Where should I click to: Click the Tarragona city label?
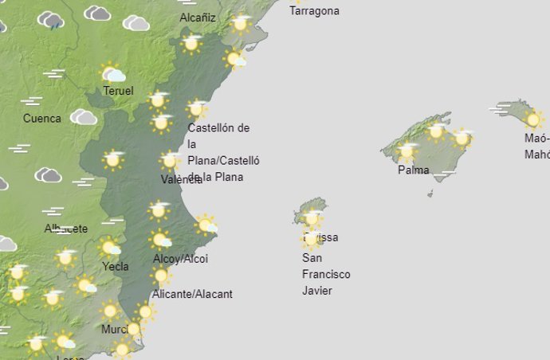pos(315,11)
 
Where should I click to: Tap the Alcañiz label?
pos(198,18)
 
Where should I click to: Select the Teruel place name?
pos(118,91)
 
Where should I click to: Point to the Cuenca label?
pos(41,119)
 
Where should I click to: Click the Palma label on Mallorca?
pos(414,170)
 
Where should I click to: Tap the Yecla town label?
pos(116,267)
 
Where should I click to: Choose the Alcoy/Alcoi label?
pos(181,259)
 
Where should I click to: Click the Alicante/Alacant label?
pos(192,294)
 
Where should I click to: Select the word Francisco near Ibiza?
pos(326,275)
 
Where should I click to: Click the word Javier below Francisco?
pos(317,291)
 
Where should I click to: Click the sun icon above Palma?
pos(407,151)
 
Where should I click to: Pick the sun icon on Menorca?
pos(533,120)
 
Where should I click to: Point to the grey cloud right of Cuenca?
pos(83,118)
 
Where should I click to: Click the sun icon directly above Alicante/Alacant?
pos(161,276)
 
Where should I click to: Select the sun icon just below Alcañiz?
pos(191,43)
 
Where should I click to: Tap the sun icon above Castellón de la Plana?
pos(196,108)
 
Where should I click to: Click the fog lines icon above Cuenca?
pos(32,101)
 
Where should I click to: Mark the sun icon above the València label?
pos(169,160)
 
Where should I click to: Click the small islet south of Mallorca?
pos(430,193)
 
